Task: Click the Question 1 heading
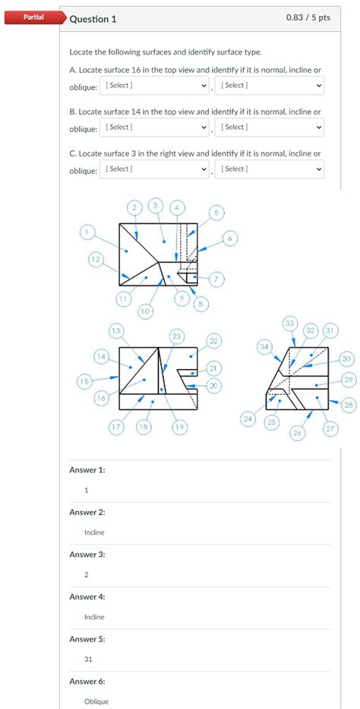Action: point(93,19)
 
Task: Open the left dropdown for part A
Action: point(155,86)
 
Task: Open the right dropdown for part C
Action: point(270,169)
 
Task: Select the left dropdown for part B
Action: point(155,128)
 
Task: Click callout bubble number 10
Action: point(144,310)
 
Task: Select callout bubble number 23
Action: point(177,335)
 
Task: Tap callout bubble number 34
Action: point(264,346)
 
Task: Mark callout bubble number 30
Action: point(347,358)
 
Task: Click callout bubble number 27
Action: point(330,429)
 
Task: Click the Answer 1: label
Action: point(87,470)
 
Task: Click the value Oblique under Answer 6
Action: point(96,701)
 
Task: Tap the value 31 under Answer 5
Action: point(89,659)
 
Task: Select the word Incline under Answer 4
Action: point(94,617)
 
